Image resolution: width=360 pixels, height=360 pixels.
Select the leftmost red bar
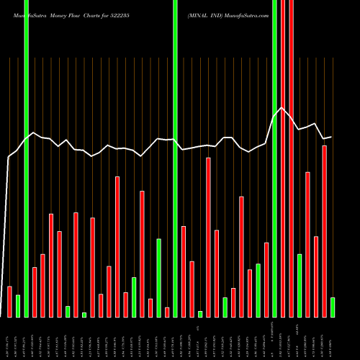pyautogui.click(x=9, y=301)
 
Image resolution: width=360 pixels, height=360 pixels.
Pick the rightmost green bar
pyautogui.click(x=333, y=307)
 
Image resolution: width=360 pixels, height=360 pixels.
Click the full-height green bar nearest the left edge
pyautogui.click(x=26, y=158)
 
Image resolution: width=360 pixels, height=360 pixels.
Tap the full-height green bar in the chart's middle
pyautogui.click(x=175, y=158)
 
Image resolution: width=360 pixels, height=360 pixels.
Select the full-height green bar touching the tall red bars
pyautogui.click(x=274, y=158)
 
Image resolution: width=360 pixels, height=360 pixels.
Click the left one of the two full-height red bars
pyautogui.click(x=282, y=158)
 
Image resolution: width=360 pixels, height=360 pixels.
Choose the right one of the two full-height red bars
pyautogui.click(x=291, y=158)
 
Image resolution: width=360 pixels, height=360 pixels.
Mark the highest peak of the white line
pyautogui.click(x=282, y=108)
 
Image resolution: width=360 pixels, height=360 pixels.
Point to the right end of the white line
pyautogui.click(x=331, y=136)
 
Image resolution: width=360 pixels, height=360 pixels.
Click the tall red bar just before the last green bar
pyautogui.click(x=324, y=230)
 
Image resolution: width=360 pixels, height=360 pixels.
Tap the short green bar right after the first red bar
pyautogui.click(x=18, y=306)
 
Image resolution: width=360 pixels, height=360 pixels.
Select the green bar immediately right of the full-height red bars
pyautogui.click(x=300, y=285)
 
